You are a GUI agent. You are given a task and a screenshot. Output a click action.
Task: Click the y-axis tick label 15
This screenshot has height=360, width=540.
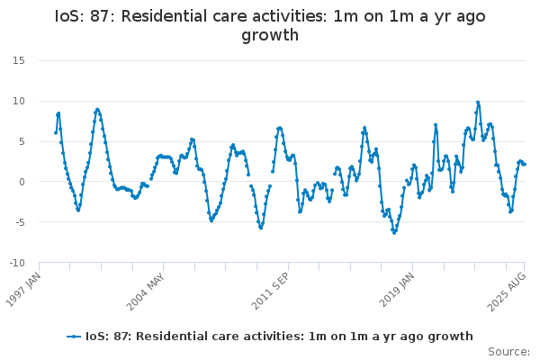point(18,60)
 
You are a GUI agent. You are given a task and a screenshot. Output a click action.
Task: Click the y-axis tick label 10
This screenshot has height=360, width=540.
point(18,101)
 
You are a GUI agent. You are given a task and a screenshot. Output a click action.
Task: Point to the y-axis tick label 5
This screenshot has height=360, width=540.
point(21,141)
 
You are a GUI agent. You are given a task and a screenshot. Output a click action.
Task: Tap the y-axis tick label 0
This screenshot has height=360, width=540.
point(21,182)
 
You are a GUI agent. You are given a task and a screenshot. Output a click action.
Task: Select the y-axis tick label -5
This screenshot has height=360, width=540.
point(18,222)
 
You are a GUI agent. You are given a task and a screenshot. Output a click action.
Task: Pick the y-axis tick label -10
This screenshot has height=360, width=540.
point(15,263)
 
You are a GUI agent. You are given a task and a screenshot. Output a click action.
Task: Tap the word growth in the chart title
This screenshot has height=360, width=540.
point(270,36)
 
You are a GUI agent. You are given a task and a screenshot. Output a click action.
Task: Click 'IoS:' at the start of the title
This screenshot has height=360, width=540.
point(72,16)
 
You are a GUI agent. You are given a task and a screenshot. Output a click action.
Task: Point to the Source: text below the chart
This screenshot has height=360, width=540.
point(508,351)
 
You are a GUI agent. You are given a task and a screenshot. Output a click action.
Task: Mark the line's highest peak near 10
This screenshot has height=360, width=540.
point(478,102)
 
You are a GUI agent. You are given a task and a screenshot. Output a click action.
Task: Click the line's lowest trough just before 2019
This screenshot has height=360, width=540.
point(393,232)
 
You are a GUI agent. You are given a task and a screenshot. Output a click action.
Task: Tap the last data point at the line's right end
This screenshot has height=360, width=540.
point(525,164)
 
